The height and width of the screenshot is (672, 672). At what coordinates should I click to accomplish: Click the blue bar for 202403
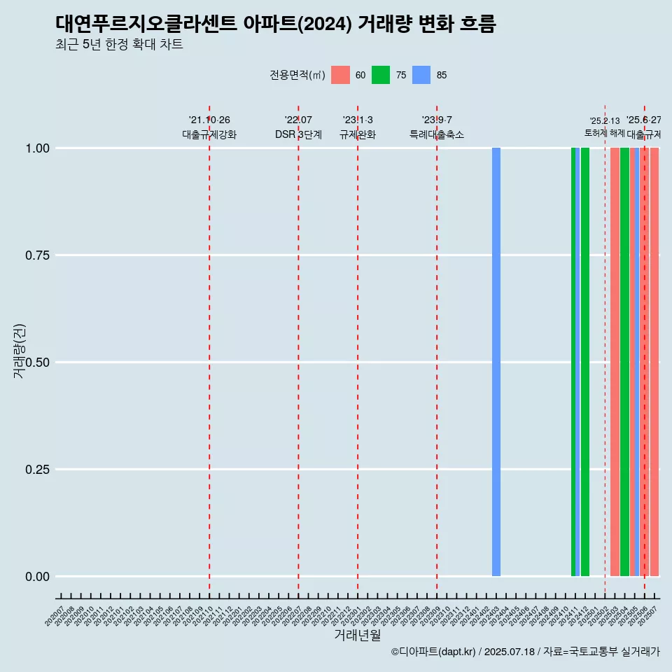(496, 362)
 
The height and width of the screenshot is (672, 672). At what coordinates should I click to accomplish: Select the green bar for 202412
(585, 362)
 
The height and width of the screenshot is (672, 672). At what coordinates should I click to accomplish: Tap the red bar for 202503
(615, 362)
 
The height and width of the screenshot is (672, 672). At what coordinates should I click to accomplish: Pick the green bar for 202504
(624, 362)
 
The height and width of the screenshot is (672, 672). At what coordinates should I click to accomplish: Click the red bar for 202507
(654, 362)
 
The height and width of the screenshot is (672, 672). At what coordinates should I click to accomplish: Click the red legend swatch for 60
(340, 75)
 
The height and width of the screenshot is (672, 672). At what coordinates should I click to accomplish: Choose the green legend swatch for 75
(381, 75)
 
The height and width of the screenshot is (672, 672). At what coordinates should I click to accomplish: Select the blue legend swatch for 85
(421, 75)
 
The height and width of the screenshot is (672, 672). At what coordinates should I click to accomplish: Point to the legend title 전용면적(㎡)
(297, 75)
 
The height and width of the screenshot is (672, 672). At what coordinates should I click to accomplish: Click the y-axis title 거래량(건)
(20, 351)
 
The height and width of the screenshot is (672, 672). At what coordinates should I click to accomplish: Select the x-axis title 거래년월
(358, 635)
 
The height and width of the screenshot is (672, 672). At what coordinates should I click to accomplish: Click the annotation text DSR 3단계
(298, 134)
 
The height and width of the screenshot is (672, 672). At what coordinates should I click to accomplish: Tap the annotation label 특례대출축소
(437, 134)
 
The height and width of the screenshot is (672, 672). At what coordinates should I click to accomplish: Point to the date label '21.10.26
(209, 120)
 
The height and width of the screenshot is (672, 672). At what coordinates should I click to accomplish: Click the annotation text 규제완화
(358, 134)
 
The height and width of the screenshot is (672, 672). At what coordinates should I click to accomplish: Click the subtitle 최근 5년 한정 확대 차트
(119, 45)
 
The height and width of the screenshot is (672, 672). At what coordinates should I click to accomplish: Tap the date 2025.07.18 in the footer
(509, 652)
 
